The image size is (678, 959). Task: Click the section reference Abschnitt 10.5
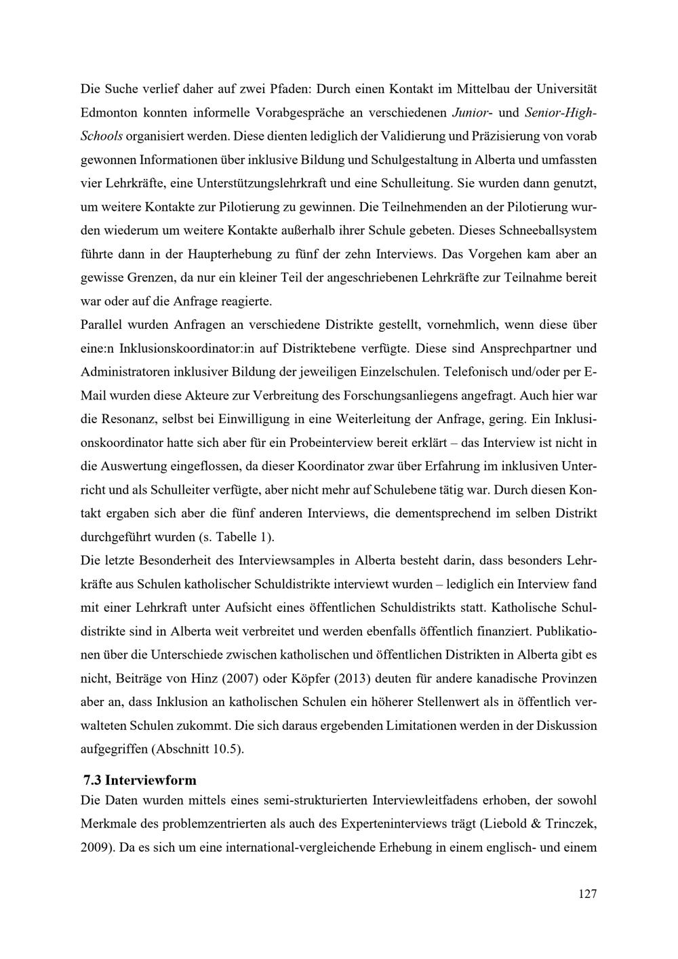tap(195, 749)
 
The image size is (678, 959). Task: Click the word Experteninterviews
tap(400, 824)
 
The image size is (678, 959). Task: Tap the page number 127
tap(587, 894)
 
